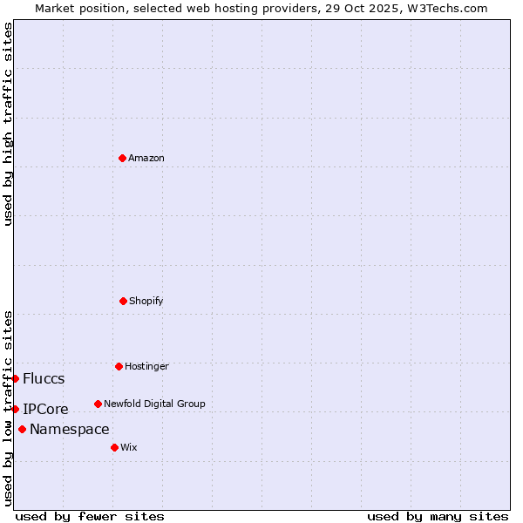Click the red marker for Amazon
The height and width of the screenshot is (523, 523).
point(122,158)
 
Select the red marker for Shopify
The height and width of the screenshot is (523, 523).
point(123,301)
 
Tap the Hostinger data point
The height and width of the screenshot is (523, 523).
point(119,366)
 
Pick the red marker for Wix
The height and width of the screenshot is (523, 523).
point(114,447)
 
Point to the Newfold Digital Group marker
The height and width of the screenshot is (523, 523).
point(98,404)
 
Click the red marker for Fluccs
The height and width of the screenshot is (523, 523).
point(15,378)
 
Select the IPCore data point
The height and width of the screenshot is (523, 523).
point(15,409)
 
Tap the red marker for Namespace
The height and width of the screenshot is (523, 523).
point(22,429)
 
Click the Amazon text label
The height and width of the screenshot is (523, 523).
point(146,158)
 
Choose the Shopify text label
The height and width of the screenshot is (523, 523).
point(146,301)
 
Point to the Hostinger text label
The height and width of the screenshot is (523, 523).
point(146,366)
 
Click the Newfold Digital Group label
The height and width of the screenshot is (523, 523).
point(154,404)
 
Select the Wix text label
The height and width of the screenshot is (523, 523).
point(129,447)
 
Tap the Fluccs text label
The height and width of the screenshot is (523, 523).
point(44,378)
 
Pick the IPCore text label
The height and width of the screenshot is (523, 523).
point(45,409)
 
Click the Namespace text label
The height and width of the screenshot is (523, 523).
point(70,429)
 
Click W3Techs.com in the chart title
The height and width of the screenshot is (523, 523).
point(451,8)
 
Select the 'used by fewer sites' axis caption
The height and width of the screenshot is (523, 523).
point(90,516)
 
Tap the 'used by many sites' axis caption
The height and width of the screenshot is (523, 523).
point(438,516)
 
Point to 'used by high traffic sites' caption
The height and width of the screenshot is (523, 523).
point(8,124)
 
